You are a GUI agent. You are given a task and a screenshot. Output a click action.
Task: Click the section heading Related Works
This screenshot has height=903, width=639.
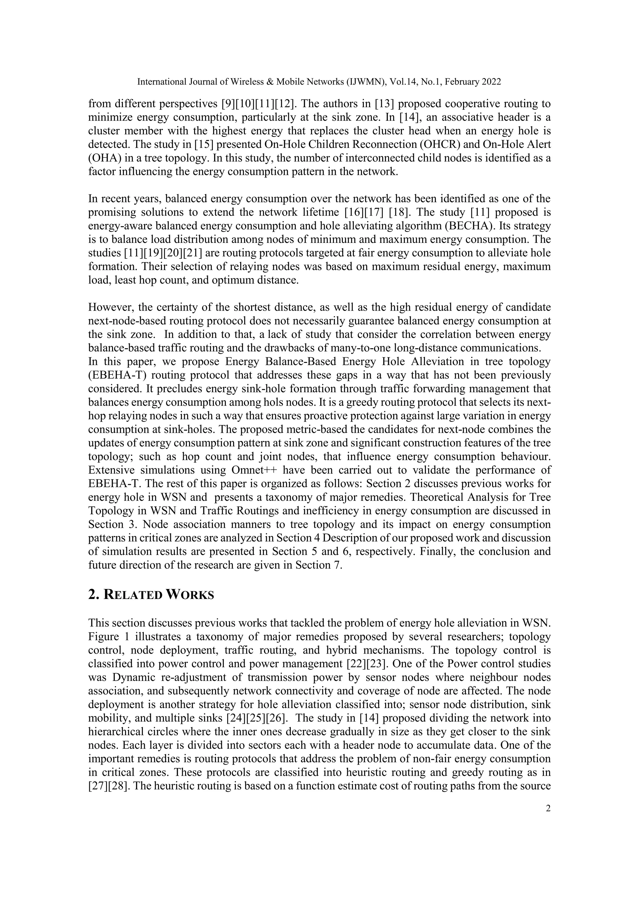tap(151, 595)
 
